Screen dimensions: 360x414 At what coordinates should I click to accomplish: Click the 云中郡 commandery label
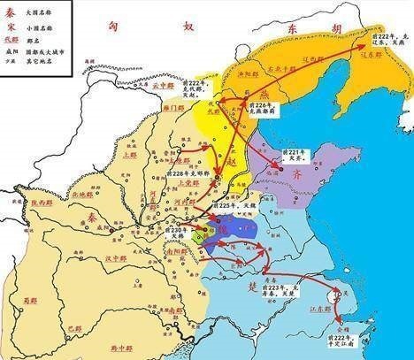click(161, 88)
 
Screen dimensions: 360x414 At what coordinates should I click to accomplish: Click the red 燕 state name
click(240, 120)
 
